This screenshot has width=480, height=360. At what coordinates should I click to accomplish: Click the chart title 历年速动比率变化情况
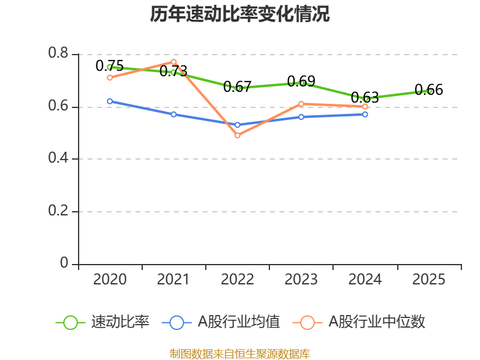(x=240, y=14)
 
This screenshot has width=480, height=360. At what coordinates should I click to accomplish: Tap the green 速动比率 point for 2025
(x=429, y=91)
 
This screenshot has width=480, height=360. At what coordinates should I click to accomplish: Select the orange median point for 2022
(x=238, y=136)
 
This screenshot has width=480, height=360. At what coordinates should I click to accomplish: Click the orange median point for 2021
(x=173, y=62)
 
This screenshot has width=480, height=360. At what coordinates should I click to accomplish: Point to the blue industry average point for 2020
(x=110, y=101)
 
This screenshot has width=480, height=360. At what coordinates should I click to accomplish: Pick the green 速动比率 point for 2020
(x=110, y=67)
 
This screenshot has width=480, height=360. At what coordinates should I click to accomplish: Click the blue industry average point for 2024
(x=365, y=114)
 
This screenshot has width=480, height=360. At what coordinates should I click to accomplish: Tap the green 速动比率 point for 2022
(x=238, y=88)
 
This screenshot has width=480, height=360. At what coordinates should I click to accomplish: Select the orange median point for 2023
(x=301, y=104)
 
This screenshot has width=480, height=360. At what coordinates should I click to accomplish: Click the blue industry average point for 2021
(x=173, y=114)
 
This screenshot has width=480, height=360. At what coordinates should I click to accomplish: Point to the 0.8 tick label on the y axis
(x=58, y=54)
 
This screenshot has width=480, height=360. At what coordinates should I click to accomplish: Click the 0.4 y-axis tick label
(x=58, y=159)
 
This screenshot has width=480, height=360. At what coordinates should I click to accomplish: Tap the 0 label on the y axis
(x=65, y=264)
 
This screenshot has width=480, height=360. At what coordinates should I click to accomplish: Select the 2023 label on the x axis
(x=301, y=280)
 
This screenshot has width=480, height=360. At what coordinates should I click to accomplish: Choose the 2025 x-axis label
(x=429, y=280)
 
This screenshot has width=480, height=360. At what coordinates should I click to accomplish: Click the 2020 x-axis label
(x=110, y=280)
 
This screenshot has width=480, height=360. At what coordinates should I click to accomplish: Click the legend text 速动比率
(x=120, y=322)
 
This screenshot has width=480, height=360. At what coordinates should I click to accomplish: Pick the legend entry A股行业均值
(x=239, y=322)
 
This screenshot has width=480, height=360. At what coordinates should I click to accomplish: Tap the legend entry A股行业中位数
(x=377, y=322)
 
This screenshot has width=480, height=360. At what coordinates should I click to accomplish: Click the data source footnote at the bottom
(x=240, y=353)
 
